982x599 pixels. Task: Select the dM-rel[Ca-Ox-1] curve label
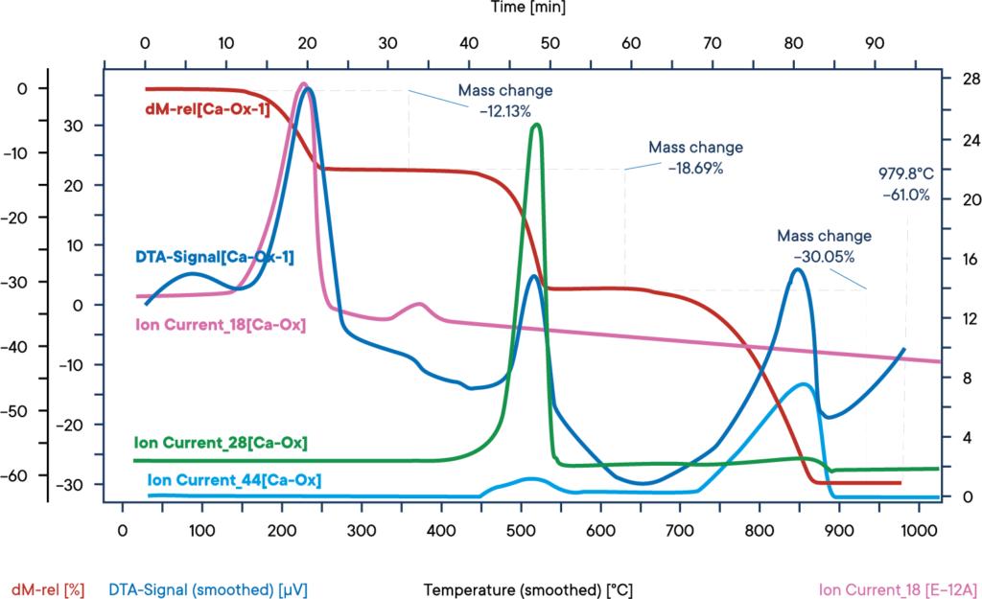[x=207, y=109]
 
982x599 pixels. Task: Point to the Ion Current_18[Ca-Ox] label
[x=221, y=326]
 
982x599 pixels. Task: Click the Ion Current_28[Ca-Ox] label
[x=221, y=443]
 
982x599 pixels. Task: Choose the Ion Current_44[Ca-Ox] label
[x=234, y=480]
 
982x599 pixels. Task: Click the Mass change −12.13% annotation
[x=504, y=101]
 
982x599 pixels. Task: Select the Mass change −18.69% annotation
[x=695, y=158]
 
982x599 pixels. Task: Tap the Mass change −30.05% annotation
[x=824, y=246]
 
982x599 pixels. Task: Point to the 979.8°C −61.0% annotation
[x=905, y=184]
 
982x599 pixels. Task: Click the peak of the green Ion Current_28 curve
[x=535, y=125]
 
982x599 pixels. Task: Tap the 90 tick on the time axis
[x=875, y=41]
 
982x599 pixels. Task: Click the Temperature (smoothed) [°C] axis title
[x=527, y=588]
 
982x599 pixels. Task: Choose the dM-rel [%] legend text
[x=49, y=588]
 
